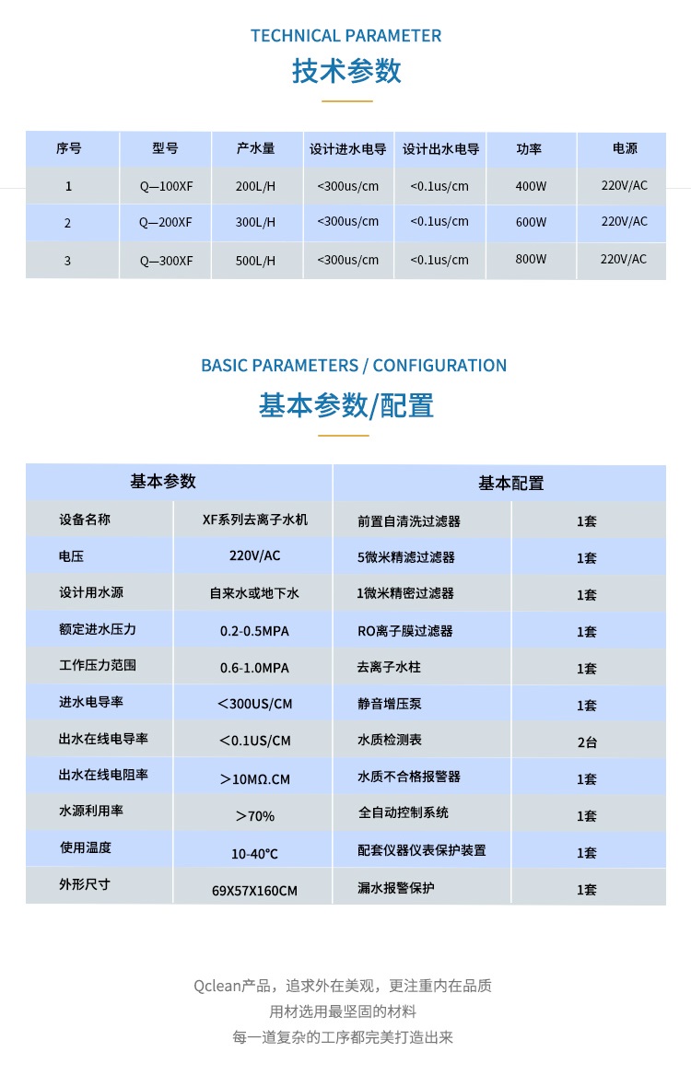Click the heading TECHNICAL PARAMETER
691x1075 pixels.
[x=345, y=36]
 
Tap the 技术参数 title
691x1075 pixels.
[x=346, y=71]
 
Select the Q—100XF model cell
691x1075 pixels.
[x=166, y=186]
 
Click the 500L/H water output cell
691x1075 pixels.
[x=255, y=261]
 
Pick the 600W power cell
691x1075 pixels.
[x=531, y=222]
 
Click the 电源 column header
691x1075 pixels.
[x=624, y=148]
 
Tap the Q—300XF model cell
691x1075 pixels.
[x=166, y=261]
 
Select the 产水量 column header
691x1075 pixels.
[x=255, y=148]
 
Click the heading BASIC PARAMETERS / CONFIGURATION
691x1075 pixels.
[x=354, y=366]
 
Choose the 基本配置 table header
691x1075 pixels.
[x=510, y=483]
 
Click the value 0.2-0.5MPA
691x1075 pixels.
[x=254, y=631]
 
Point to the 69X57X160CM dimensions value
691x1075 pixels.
[x=254, y=891]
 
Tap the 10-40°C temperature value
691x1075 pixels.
[x=254, y=854]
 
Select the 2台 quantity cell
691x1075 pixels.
[x=587, y=742]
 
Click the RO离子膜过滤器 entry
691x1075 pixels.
[x=405, y=631]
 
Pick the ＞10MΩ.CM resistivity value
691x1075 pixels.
[x=254, y=779]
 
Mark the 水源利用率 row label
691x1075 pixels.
[x=90, y=812]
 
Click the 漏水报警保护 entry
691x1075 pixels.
[x=396, y=888]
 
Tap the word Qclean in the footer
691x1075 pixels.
[x=217, y=986]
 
